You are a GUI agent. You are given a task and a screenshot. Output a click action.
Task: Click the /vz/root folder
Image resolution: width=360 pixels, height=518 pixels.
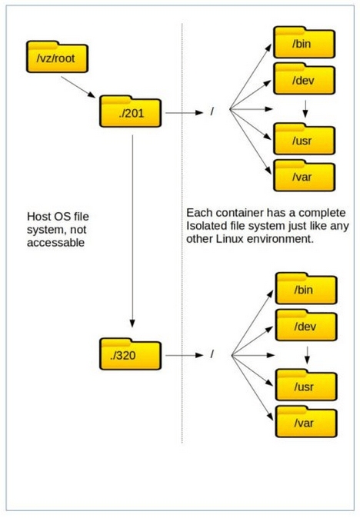(57, 57)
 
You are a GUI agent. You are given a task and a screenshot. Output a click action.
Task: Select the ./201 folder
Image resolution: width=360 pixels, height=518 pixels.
(130, 111)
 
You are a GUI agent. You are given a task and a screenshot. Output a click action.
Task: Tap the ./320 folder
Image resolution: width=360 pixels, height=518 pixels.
(130, 354)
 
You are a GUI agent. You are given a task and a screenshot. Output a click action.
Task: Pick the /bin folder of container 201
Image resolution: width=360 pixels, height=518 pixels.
(304, 42)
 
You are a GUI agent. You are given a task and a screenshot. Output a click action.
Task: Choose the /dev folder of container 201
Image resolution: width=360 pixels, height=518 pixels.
(304, 79)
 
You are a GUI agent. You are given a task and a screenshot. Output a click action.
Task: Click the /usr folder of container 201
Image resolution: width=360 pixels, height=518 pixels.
(304, 139)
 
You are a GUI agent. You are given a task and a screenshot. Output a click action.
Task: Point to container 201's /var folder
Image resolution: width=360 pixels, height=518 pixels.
(304, 175)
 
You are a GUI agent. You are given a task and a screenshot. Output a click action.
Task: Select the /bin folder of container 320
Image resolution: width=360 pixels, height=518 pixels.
(306, 288)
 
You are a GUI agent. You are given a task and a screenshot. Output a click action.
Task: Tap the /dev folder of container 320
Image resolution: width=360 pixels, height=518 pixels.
(306, 325)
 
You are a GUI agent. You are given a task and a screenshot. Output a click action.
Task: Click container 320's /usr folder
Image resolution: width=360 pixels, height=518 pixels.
(306, 385)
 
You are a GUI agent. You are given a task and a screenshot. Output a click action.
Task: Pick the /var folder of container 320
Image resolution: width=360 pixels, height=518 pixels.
(306, 421)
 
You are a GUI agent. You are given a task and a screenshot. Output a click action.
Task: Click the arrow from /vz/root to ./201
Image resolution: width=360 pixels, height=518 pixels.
(78, 87)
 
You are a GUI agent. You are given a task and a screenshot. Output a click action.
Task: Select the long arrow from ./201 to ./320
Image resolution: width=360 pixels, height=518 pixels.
(132, 231)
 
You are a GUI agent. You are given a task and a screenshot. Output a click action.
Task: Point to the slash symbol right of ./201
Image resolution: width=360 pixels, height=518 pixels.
(212, 111)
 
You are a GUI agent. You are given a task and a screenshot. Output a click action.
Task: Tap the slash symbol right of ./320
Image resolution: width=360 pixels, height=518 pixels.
(212, 354)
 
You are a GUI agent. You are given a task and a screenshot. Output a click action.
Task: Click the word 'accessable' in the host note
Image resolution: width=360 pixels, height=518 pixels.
(55, 243)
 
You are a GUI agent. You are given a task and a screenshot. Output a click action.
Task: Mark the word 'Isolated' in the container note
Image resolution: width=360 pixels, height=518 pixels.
(202, 226)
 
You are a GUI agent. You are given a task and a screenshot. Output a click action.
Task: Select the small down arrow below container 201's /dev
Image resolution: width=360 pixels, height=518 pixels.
(305, 108)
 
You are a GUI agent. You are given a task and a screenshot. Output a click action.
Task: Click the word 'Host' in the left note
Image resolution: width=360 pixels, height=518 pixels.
(38, 217)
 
